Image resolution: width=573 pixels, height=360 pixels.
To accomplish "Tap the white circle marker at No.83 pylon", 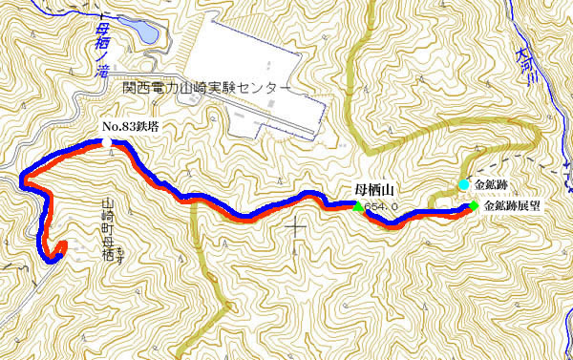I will pyautogui.click(x=106, y=142).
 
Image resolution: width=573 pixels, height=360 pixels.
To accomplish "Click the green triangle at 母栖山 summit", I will pyautogui.click(x=358, y=205).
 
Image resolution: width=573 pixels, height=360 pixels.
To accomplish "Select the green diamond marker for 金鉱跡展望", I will pyautogui.click(x=474, y=204).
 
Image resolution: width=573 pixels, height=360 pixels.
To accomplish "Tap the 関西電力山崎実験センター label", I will pyautogui.click(x=206, y=87).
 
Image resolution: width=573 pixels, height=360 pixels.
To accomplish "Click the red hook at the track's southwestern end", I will pyautogui.click(x=58, y=249).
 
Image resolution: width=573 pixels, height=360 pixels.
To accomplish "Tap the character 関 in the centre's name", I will pyautogui.click(x=130, y=87).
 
